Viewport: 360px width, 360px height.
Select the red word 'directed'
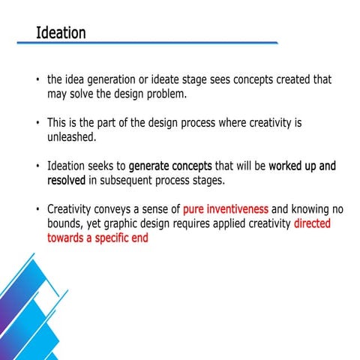point(312,223)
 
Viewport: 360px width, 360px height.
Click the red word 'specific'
point(111,239)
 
